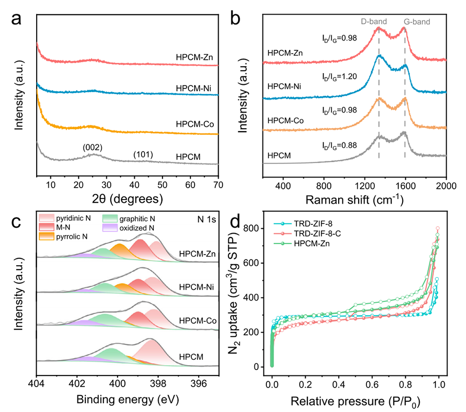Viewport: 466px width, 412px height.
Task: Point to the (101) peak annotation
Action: pos(143,155)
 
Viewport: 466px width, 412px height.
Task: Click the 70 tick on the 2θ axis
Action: pos(218,185)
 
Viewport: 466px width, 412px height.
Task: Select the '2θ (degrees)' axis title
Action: pos(127,199)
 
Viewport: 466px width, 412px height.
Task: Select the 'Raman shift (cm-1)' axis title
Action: pos(354,199)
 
